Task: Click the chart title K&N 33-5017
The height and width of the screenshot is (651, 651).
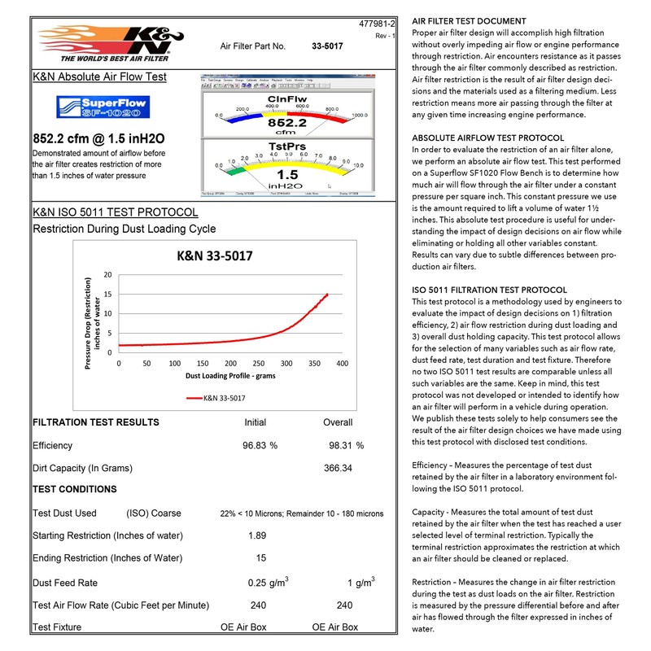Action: point(215,256)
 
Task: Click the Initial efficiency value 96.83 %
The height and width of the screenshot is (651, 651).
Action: point(260,446)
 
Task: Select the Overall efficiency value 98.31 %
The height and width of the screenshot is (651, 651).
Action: point(346,446)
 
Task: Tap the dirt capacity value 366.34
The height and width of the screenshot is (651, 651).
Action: point(342,469)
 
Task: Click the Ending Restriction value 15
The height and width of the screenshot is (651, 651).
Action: point(260,558)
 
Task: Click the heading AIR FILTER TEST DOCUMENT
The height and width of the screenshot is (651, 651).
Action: point(469,21)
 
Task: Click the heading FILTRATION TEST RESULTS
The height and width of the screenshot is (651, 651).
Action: point(95,423)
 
